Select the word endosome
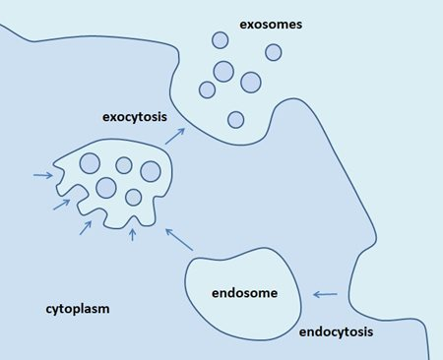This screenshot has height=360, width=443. (x=244, y=292)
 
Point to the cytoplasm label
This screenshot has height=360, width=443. (x=77, y=309)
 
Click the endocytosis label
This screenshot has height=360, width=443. (x=336, y=331)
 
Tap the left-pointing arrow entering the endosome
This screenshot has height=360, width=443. (x=325, y=293)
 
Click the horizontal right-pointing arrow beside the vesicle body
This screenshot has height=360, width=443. (x=42, y=176)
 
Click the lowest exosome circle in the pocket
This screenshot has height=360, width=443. (x=235, y=119)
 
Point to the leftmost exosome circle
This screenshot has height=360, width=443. (x=207, y=90)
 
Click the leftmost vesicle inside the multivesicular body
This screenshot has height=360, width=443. (x=89, y=163)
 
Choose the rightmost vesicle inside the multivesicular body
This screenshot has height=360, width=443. (x=151, y=171)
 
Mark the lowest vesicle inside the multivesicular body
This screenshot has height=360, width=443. (x=134, y=196)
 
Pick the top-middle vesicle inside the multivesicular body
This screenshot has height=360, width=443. (x=124, y=165)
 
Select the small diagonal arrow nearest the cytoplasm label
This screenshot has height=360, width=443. (x=85, y=228)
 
